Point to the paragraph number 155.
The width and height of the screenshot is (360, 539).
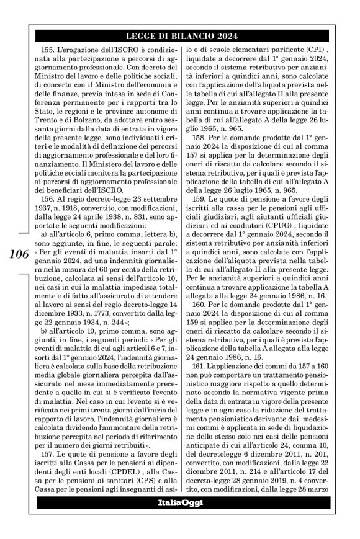coord(48,49)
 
